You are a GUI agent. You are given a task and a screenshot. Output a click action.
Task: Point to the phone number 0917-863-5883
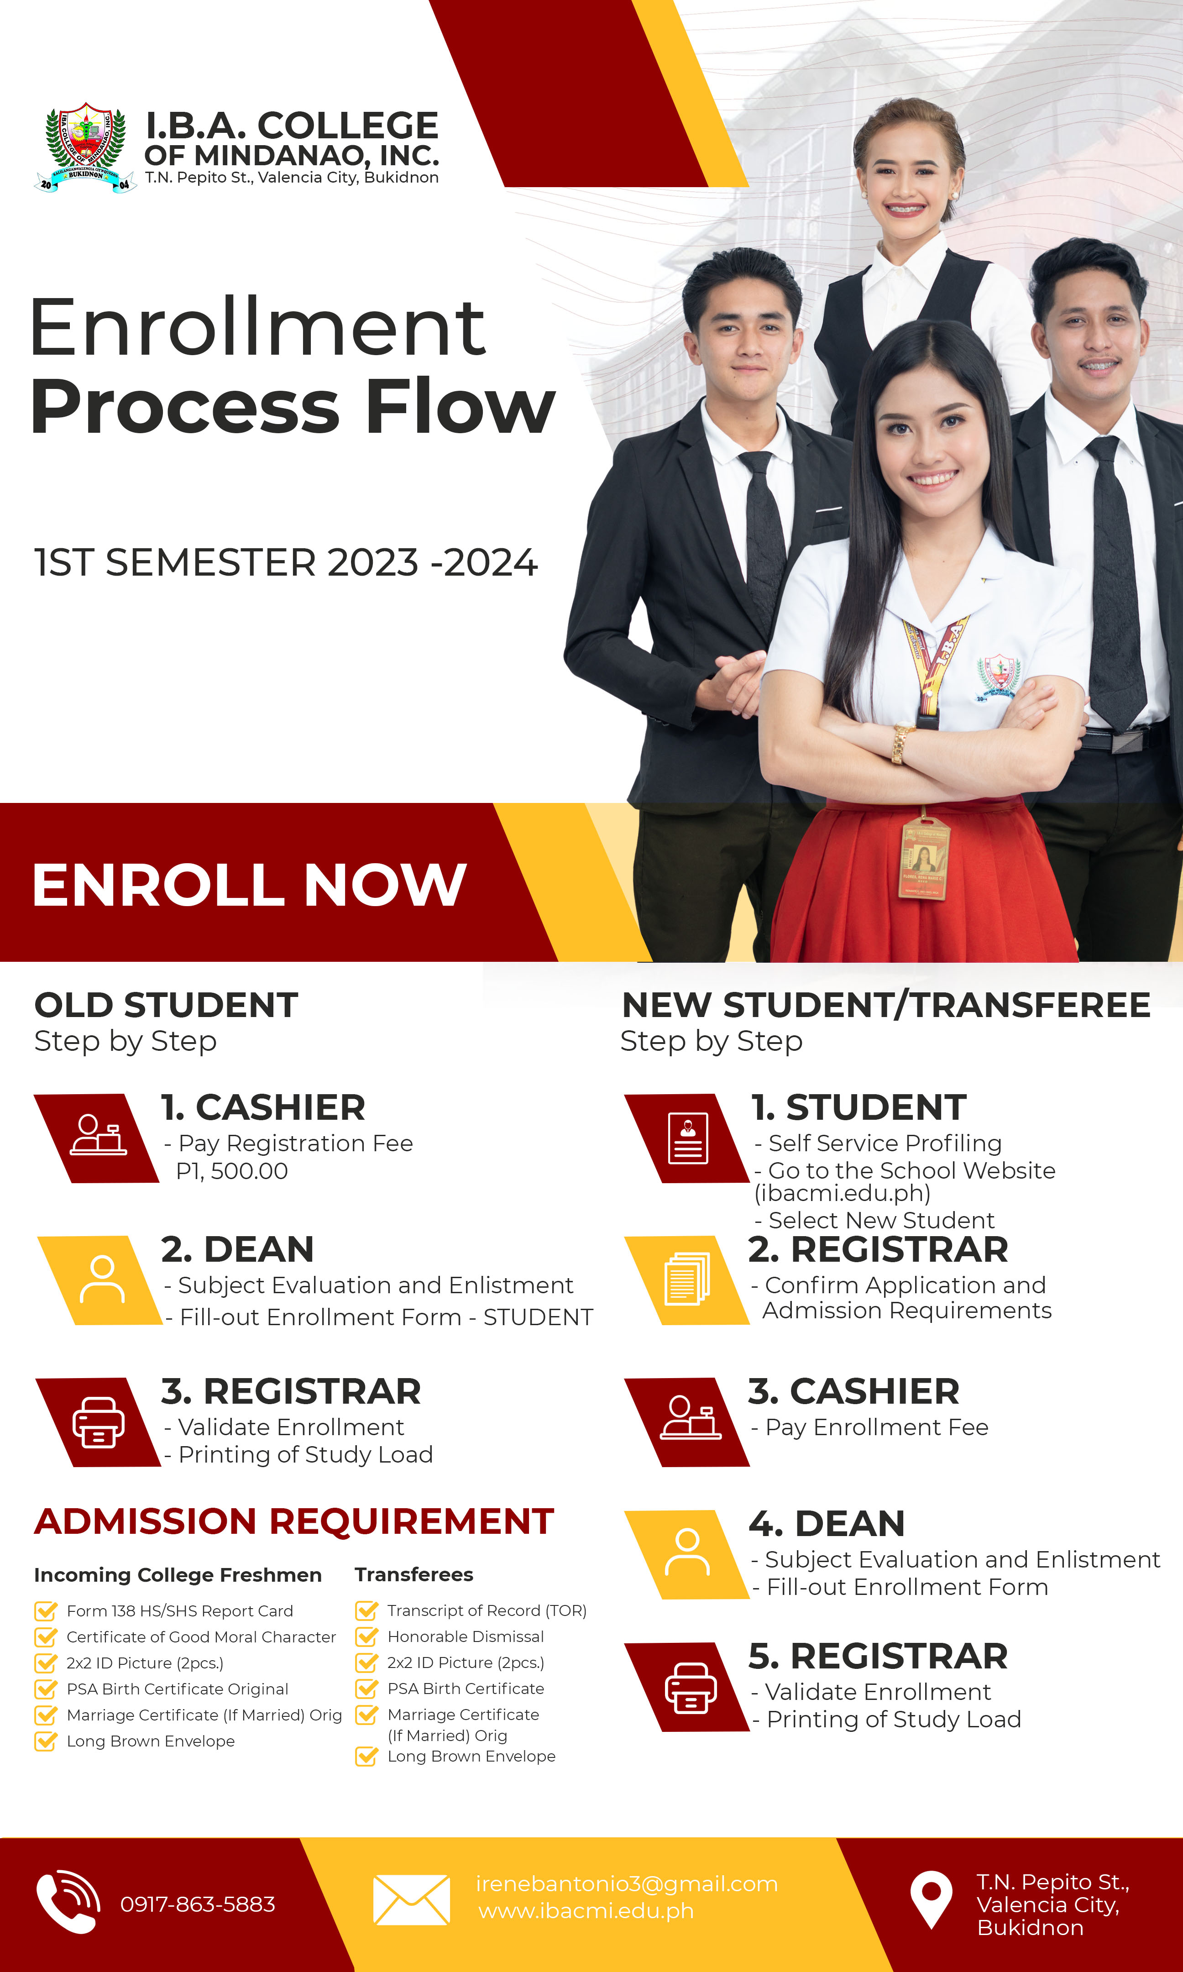pos(198,1904)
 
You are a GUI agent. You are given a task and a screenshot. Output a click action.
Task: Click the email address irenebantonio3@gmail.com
pos(627,1883)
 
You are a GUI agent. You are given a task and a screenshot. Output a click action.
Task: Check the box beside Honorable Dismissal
pos(366,1636)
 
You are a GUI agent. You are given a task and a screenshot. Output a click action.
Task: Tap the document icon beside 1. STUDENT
pos(688,1138)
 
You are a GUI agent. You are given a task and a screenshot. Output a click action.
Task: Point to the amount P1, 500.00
pos(232,1171)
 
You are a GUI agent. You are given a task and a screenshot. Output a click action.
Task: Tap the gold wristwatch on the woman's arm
pos(901,743)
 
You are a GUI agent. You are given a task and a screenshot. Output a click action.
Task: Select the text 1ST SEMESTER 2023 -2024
pos(285,563)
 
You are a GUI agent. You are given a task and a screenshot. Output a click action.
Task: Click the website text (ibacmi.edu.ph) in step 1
pos(843,1193)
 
